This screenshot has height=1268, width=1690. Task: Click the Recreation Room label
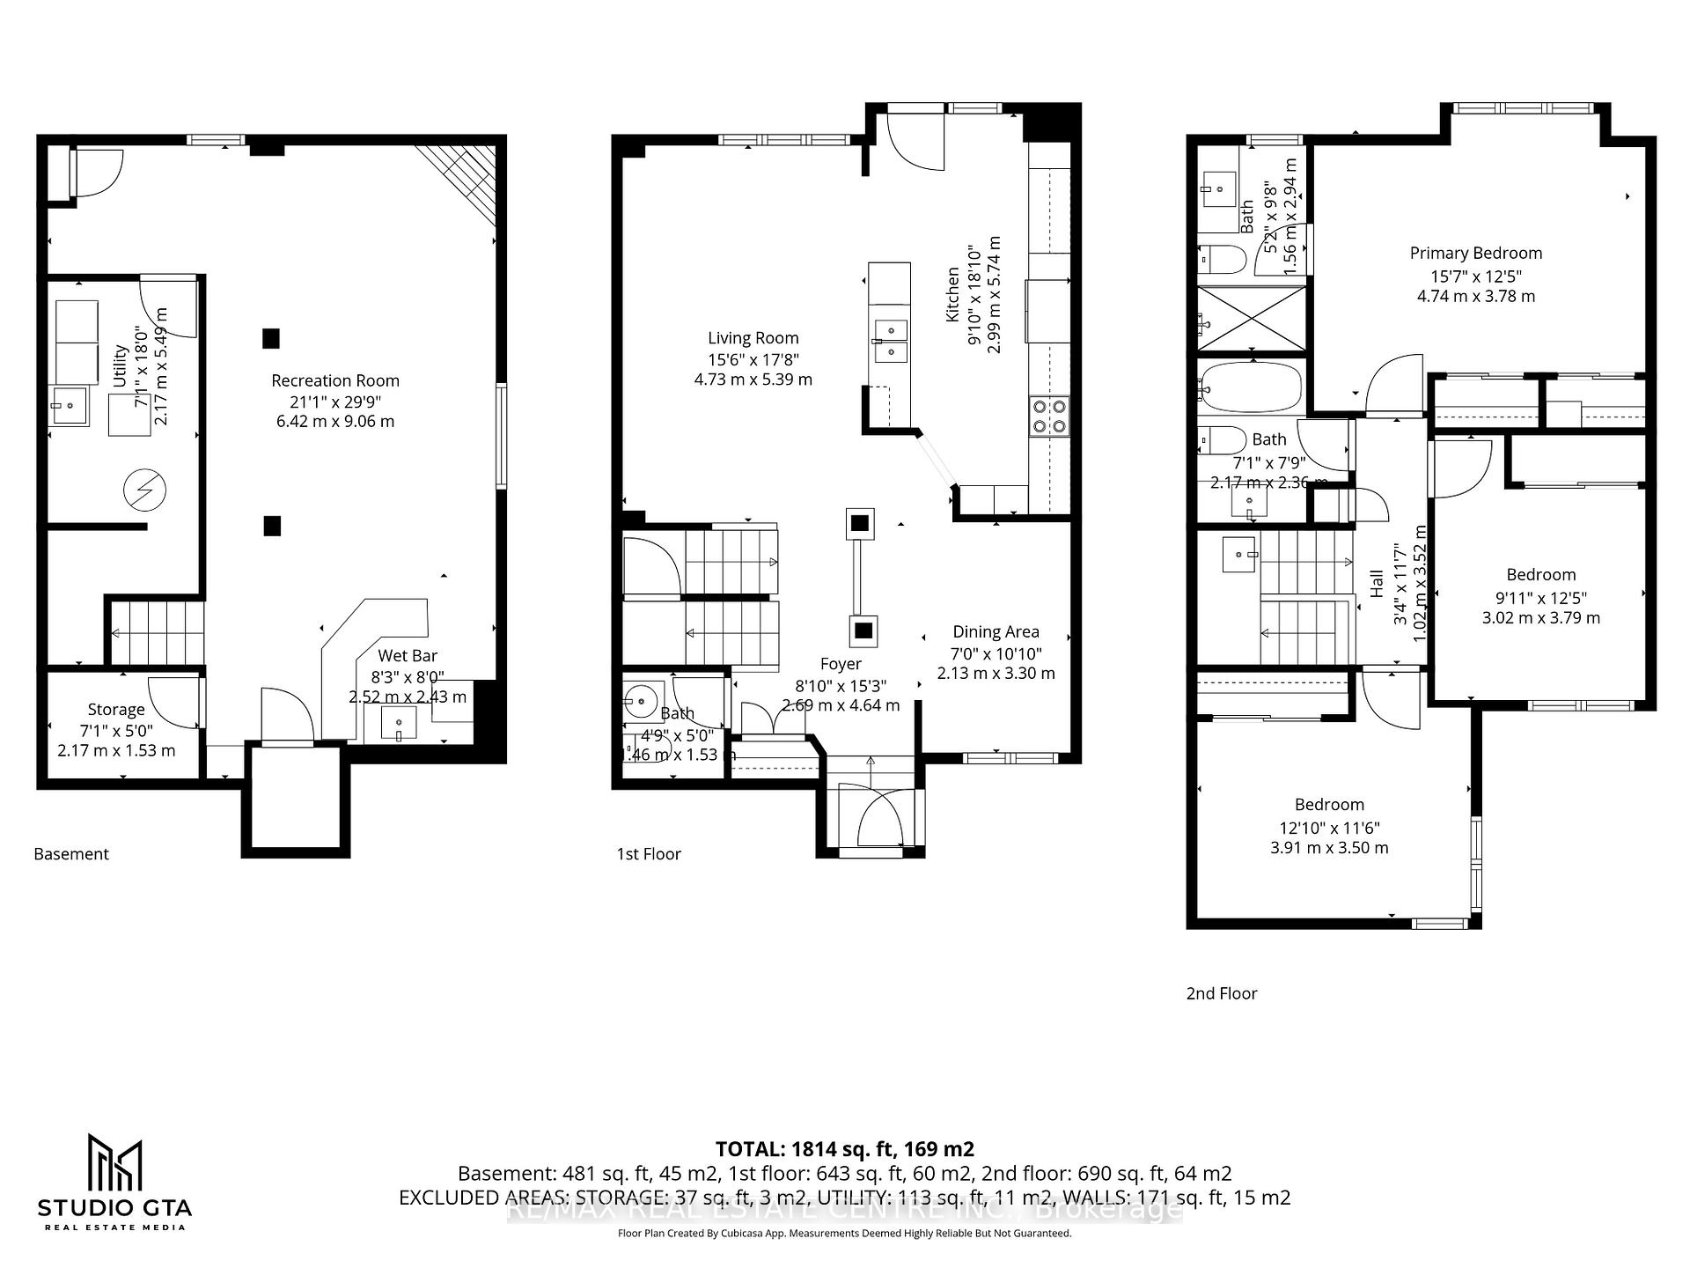(334, 380)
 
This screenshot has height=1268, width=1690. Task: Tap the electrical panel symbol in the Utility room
(145, 490)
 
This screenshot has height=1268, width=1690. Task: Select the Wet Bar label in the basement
(407, 655)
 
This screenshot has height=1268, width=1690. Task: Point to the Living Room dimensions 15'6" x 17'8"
(753, 359)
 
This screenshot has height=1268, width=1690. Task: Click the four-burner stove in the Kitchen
(1049, 416)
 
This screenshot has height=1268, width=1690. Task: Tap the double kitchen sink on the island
(889, 341)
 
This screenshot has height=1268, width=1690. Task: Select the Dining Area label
(996, 631)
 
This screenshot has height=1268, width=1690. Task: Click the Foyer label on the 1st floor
(841, 664)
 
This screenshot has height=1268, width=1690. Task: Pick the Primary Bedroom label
(1475, 254)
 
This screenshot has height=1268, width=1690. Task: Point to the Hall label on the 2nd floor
(1378, 583)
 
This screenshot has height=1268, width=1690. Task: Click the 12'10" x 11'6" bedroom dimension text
(1329, 828)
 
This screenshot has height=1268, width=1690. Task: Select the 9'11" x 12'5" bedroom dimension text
(1540, 597)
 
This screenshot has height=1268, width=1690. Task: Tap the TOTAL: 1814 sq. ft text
(844, 1149)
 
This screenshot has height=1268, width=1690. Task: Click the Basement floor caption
(71, 854)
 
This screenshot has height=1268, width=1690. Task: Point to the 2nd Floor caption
(1222, 993)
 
